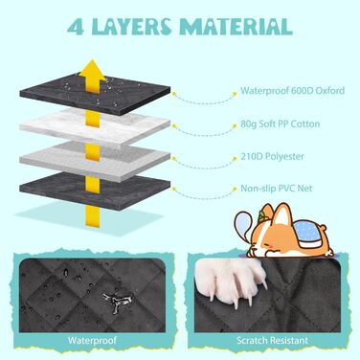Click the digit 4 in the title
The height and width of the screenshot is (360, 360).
(x=77, y=27)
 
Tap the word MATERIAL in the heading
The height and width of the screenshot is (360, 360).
(x=236, y=27)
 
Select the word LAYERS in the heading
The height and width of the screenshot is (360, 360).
(x=131, y=27)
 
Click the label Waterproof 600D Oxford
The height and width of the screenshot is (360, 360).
(x=293, y=90)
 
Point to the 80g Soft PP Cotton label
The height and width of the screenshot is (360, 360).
(x=281, y=124)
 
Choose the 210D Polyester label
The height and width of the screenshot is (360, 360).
(x=272, y=156)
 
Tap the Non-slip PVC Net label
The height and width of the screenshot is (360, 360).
(x=277, y=189)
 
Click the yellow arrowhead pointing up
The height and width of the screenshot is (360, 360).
(x=92, y=71)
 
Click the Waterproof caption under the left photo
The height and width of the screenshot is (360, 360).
(x=92, y=340)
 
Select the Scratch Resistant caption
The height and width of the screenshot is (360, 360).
(x=272, y=341)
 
